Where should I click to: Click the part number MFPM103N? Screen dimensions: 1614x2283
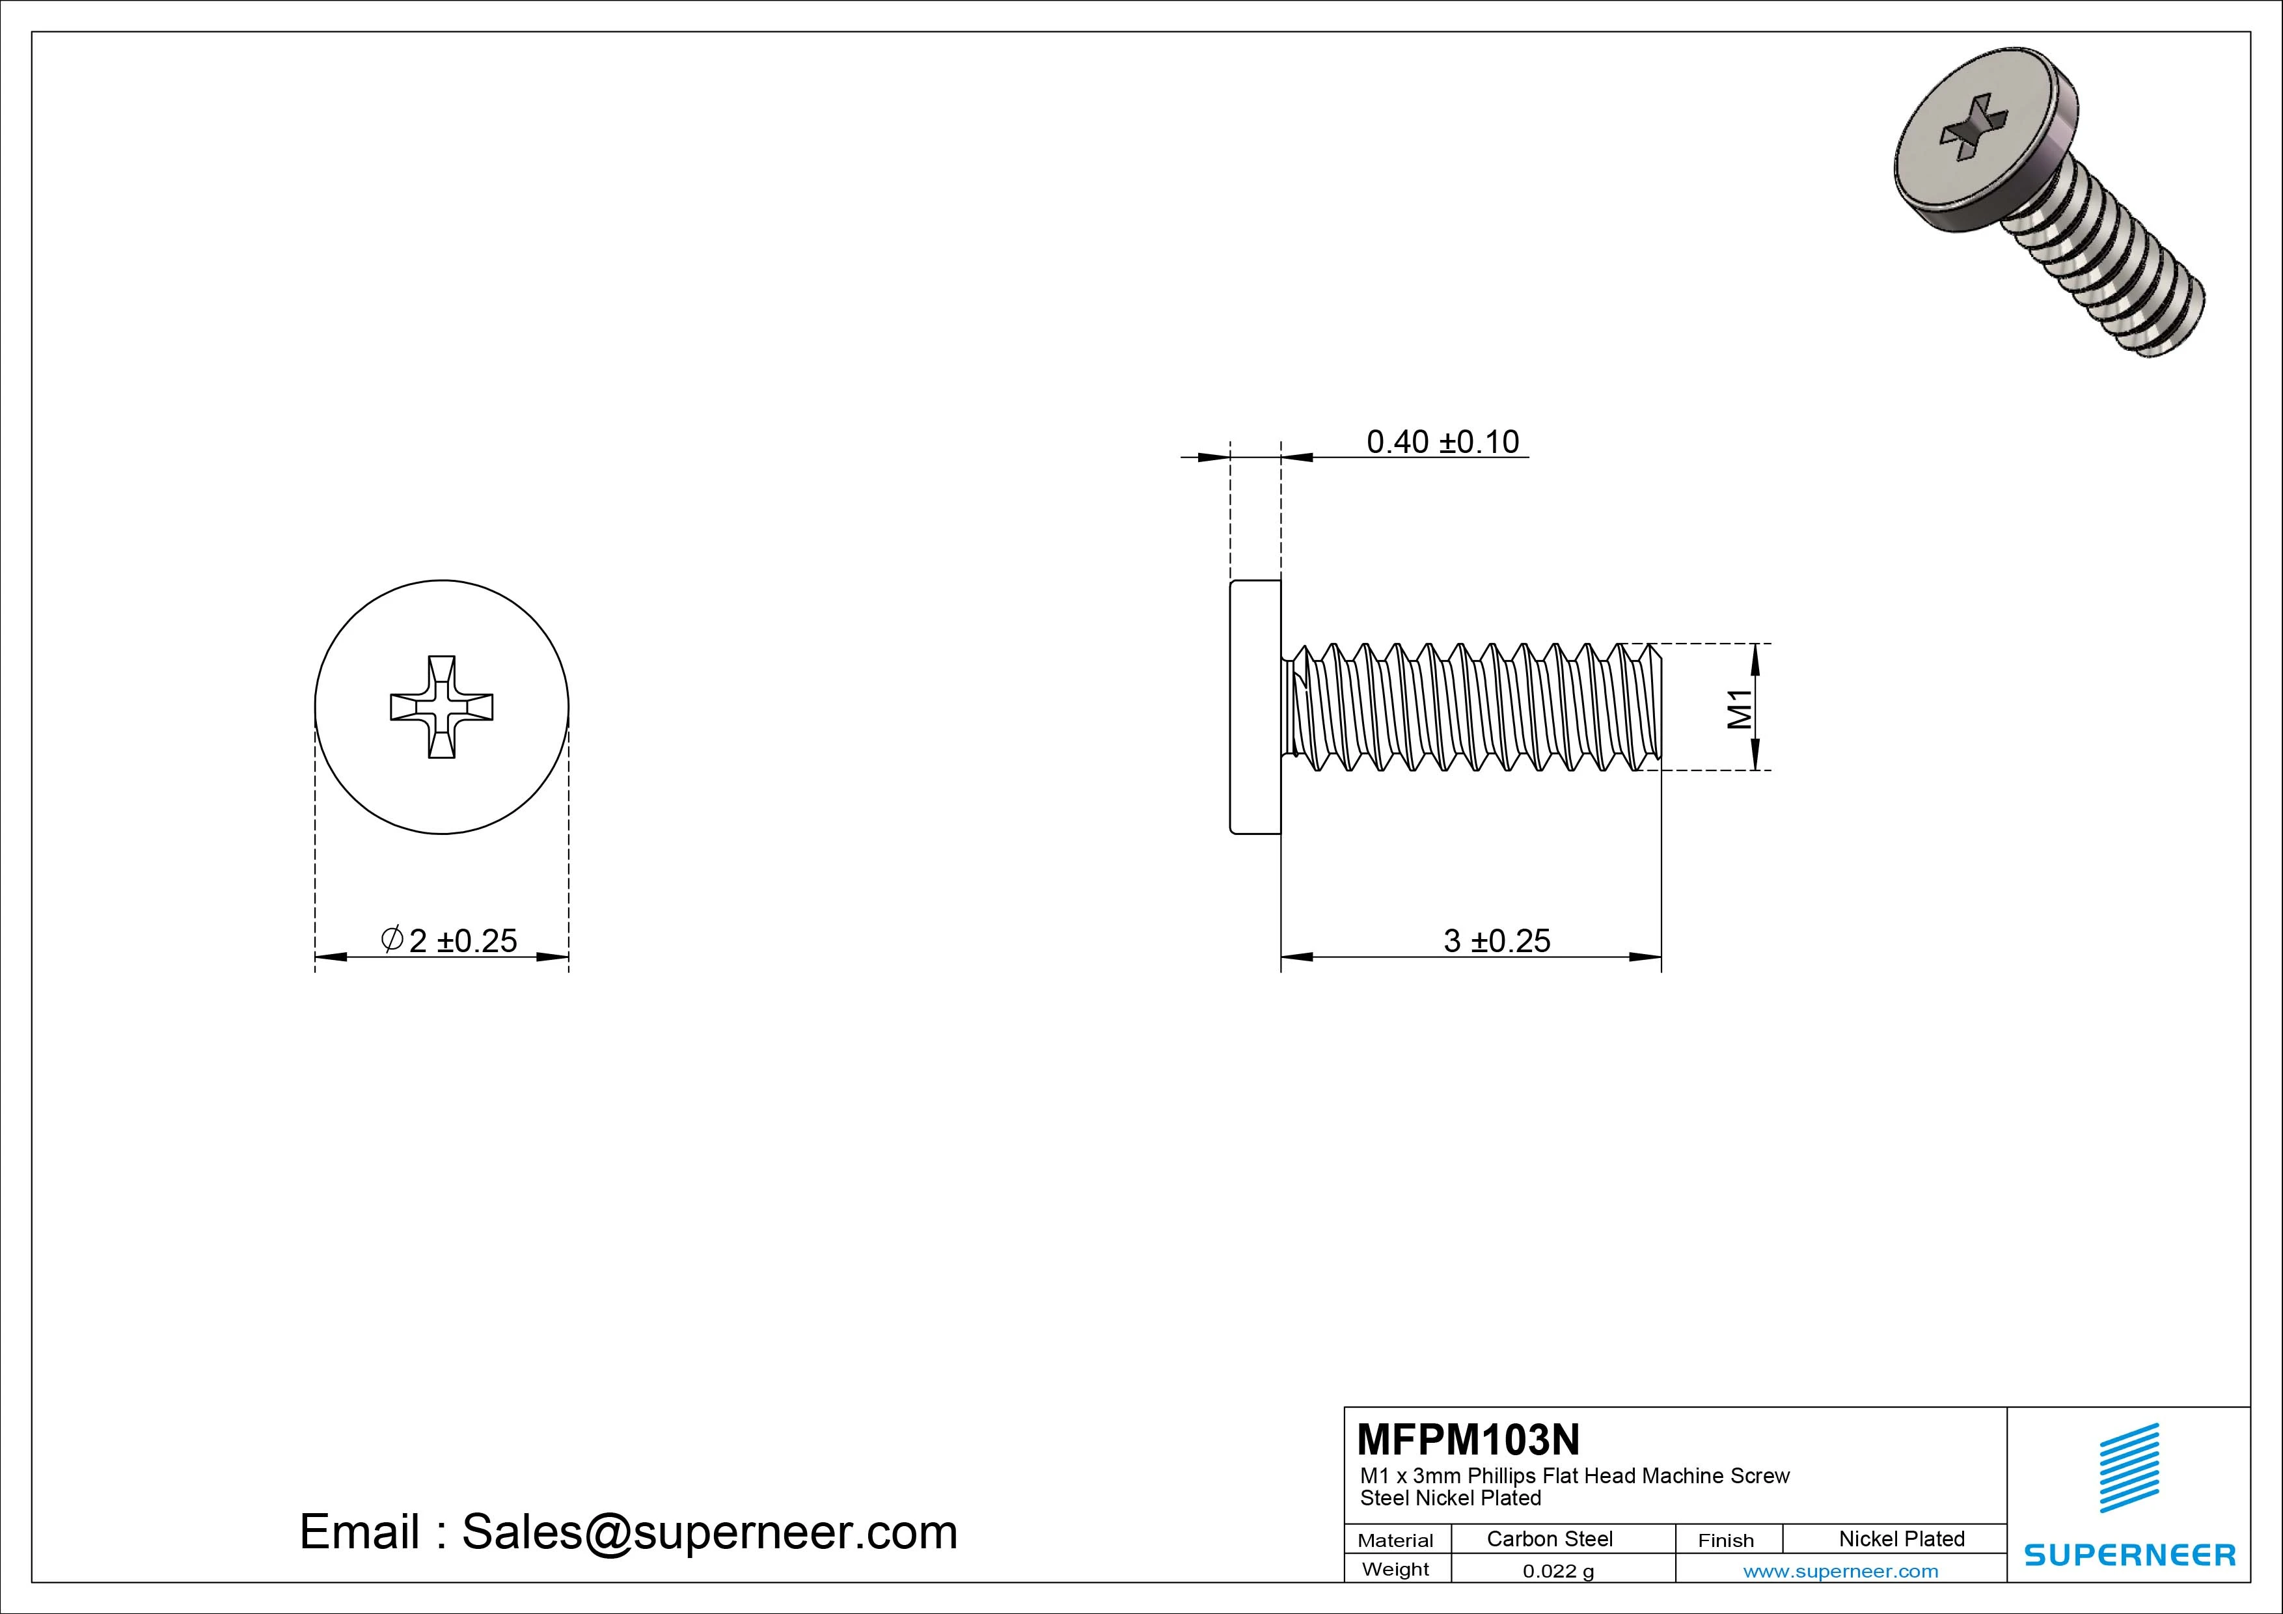(1468, 1439)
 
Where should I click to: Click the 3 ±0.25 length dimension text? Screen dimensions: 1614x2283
(1496, 941)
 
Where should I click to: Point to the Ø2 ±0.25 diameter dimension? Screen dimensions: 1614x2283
(450, 941)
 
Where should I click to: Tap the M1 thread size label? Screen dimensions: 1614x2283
(1739, 709)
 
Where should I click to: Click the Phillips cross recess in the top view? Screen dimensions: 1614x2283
(441, 707)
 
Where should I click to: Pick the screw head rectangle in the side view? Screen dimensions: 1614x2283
(1255, 707)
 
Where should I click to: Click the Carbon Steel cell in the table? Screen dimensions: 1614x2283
(1549, 1539)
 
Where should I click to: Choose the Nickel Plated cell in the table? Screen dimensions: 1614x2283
(1901, 1539)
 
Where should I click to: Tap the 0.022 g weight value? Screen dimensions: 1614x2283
(1558, 1571)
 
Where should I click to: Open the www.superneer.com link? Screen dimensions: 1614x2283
(1840, 1571)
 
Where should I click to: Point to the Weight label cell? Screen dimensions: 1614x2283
(1395, 1569)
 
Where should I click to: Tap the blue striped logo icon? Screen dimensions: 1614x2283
(2129, 1468)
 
